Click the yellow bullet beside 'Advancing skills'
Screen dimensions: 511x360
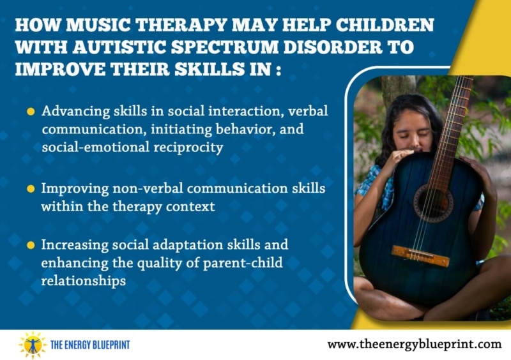click(31, 112)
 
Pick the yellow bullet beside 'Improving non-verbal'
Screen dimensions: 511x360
click(31, 189)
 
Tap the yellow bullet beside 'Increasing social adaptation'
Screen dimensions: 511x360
click(31, 245)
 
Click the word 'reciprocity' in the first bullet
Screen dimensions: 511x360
click(188, 147)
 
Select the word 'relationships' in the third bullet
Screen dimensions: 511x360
click(84, 281)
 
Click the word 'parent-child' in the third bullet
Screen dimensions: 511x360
click(243, 263)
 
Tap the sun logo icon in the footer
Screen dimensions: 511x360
click(33, 345)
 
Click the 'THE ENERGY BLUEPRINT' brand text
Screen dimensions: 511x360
click(90, 345)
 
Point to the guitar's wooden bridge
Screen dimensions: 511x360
click(420, 256)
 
